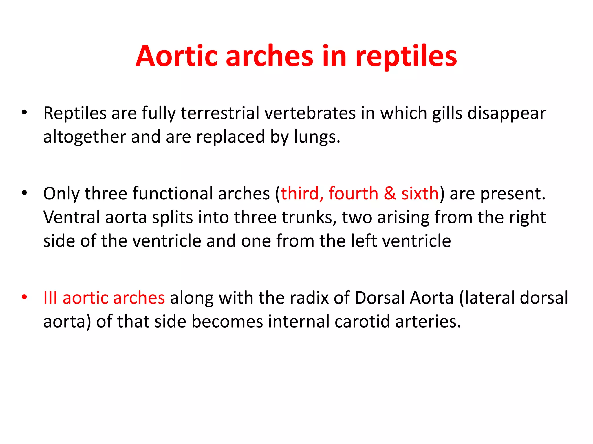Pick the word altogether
84,137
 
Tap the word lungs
317,137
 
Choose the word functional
172,193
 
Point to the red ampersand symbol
390,194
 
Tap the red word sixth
420,193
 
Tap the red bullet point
24,297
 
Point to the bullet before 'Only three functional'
24,193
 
